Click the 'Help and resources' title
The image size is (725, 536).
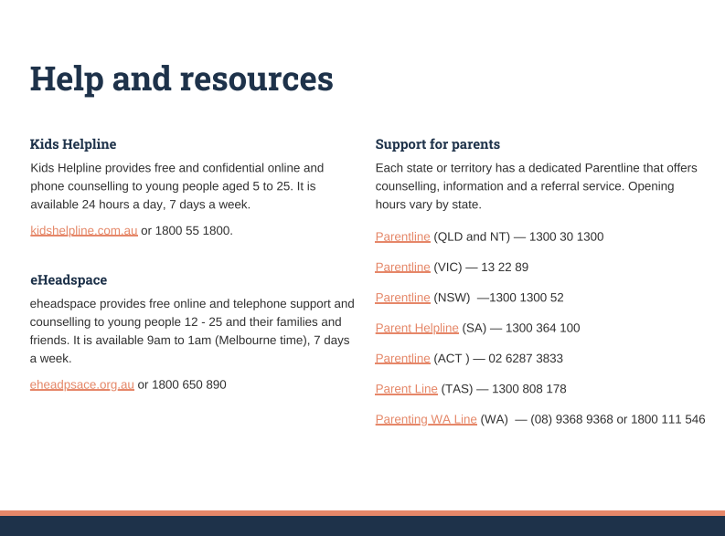tap(181, 79)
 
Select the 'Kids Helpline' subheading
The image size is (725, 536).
tap(73, 144)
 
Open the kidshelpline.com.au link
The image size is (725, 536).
tap(84, 230)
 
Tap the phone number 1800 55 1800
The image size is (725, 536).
tap(194, 230)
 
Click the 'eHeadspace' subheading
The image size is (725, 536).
tap(69, 279)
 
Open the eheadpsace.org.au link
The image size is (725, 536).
tap(82, 384)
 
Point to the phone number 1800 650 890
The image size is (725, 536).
tap(188, 384)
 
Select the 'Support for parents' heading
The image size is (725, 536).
tap(437, 144)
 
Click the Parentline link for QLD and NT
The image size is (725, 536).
tap(402, 236)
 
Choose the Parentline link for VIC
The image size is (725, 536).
tap(402, 268)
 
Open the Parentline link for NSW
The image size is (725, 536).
tap(402, 298)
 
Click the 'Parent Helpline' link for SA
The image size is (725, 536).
tap(417, 328)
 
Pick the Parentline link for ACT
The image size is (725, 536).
tap(402, 358)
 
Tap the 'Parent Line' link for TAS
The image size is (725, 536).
tap(406, 389)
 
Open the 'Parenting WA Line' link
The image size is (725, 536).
tap(426, 419)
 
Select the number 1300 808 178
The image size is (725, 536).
tap(528, 389)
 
